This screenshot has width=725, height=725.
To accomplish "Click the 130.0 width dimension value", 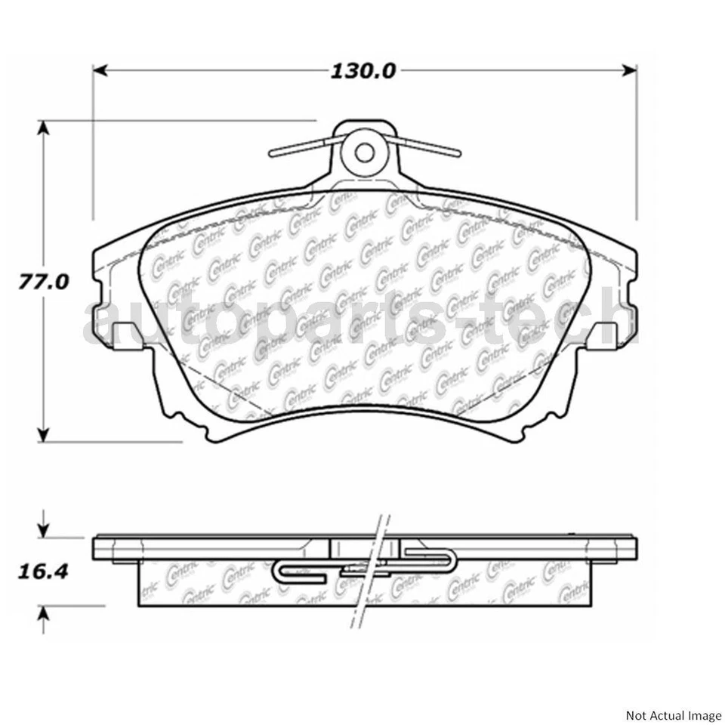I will tap(363, 70).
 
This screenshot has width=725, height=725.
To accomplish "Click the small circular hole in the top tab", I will tap(365, 153).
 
